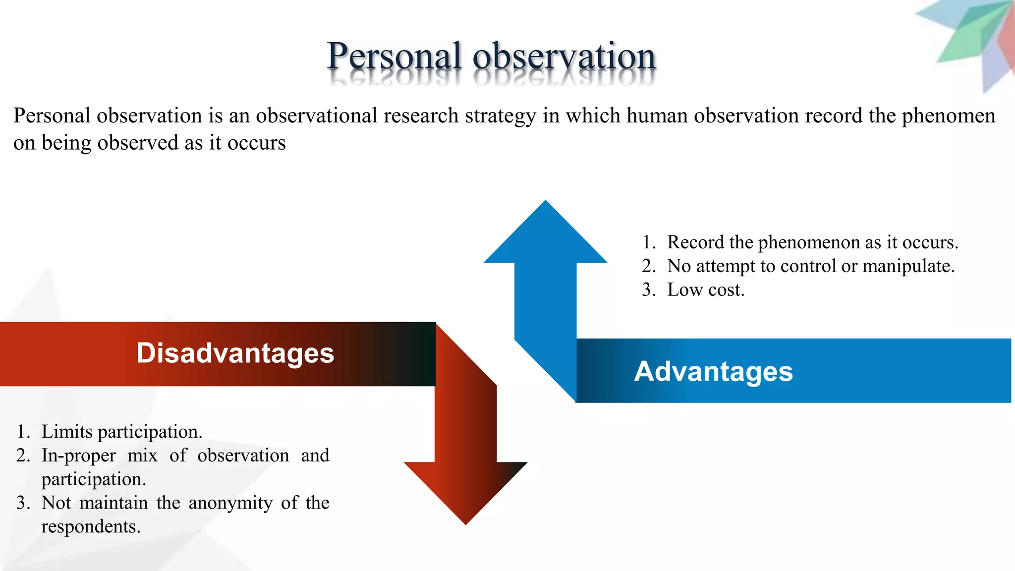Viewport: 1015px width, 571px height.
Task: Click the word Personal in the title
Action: [x=395, y=56]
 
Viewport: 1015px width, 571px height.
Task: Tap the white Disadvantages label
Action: [x=235, y=353]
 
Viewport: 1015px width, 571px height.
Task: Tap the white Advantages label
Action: [x=713, y=371]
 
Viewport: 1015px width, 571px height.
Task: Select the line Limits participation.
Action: [x=121, y=432]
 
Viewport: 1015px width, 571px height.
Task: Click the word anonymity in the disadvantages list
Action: [x=230, y=503]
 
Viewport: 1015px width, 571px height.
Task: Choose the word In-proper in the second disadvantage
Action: [x=79, y=456]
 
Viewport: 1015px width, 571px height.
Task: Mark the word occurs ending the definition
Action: [x=256, y=143]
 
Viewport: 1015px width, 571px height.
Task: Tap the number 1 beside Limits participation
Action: [x=22, y=432]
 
